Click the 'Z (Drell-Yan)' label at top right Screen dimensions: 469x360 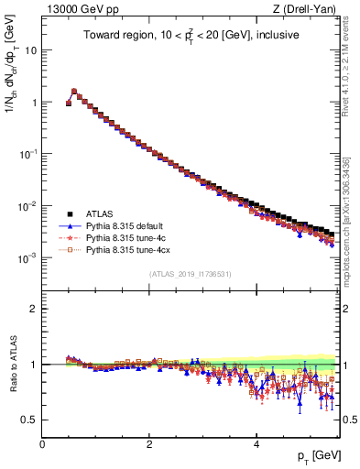(309, 9)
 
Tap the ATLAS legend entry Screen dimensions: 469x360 (101, 214)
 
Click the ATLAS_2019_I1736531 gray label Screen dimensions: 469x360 (191, 274)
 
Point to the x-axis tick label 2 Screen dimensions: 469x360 (149, 444)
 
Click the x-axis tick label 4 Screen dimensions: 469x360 (256, 444)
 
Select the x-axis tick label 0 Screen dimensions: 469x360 (42, 444)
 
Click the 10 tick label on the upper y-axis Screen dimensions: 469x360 (31, 50)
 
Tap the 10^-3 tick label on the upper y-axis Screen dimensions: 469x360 (28, 258)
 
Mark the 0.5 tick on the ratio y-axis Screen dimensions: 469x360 (31, 420)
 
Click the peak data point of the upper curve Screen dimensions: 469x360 (74, 92)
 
